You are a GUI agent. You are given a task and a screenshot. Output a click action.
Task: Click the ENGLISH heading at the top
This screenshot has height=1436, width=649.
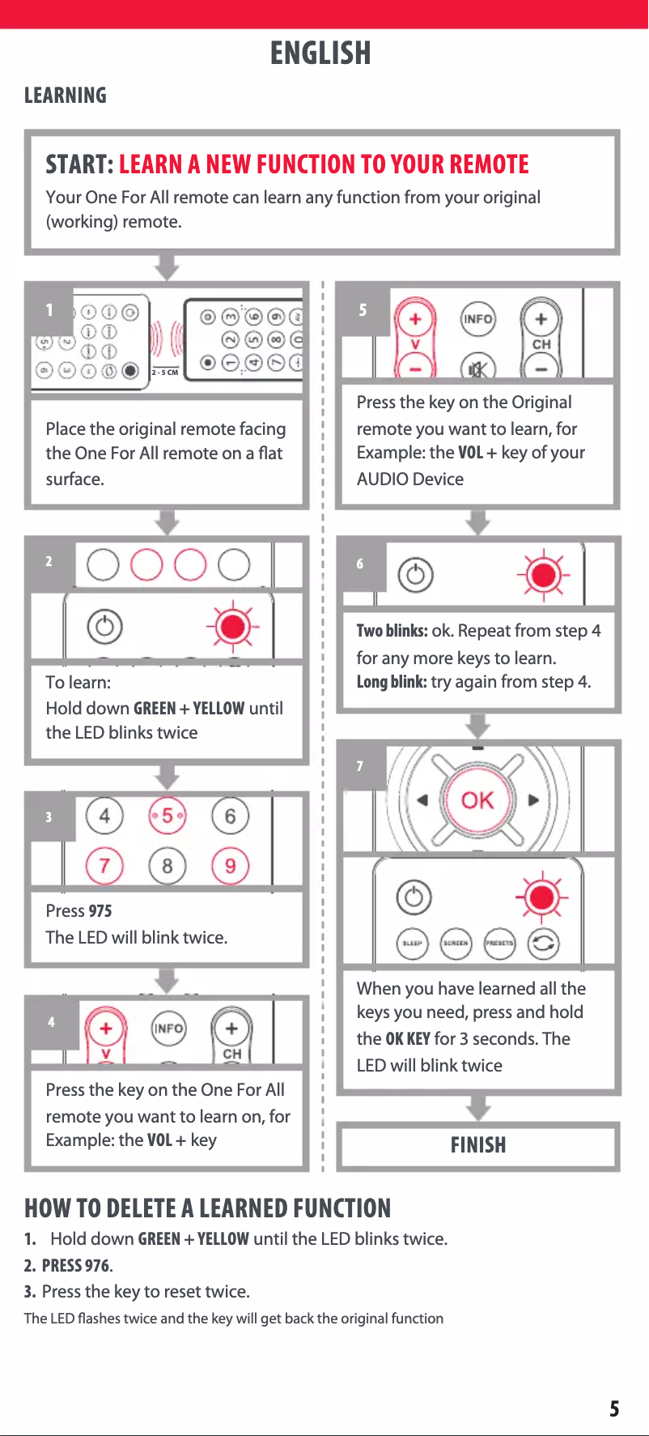tap(320, 53)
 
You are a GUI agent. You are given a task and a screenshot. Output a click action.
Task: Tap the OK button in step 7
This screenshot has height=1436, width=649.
tap(477, 800)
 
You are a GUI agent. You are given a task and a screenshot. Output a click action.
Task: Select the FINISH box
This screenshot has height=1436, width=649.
tap(478, 1145)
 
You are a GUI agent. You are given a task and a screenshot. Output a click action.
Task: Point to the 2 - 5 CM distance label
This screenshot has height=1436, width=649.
tap(165, 373)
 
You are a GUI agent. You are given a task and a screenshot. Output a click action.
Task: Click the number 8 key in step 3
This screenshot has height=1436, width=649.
tap(167, 866)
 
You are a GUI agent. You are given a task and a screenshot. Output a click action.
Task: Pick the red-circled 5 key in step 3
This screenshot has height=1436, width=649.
tap(168, 816)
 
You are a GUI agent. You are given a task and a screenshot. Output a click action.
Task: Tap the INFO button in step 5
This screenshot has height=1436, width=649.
tap(477, 319)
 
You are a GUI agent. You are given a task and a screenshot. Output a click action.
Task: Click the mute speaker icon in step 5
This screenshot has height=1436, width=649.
tap(477, 369)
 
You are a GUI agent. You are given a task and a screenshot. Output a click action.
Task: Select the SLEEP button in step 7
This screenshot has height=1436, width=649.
tap(413, 944)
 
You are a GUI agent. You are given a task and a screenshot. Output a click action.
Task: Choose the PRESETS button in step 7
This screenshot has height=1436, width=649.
tap(499, 944)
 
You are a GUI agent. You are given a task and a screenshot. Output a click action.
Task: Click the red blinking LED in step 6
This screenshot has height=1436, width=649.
tap(544, 575)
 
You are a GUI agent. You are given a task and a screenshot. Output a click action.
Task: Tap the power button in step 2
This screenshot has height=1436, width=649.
tap(104, 627)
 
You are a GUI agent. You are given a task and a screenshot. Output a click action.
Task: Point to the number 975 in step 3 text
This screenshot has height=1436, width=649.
tap(100, 911)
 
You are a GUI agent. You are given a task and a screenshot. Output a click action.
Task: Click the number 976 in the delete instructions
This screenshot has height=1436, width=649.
tap(98, 1265)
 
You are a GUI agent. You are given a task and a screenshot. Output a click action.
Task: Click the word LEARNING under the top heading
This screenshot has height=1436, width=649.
tap(66, 96)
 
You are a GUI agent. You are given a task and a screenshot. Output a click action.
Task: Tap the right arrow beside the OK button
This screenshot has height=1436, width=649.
tap(533, 800)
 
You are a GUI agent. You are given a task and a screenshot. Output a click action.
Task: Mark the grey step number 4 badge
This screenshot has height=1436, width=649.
tap(52, 1021)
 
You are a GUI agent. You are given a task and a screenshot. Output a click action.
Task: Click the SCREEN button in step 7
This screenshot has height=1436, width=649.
tap(456, 944)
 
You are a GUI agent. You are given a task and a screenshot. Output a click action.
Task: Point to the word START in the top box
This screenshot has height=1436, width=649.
tap(79, 164)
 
